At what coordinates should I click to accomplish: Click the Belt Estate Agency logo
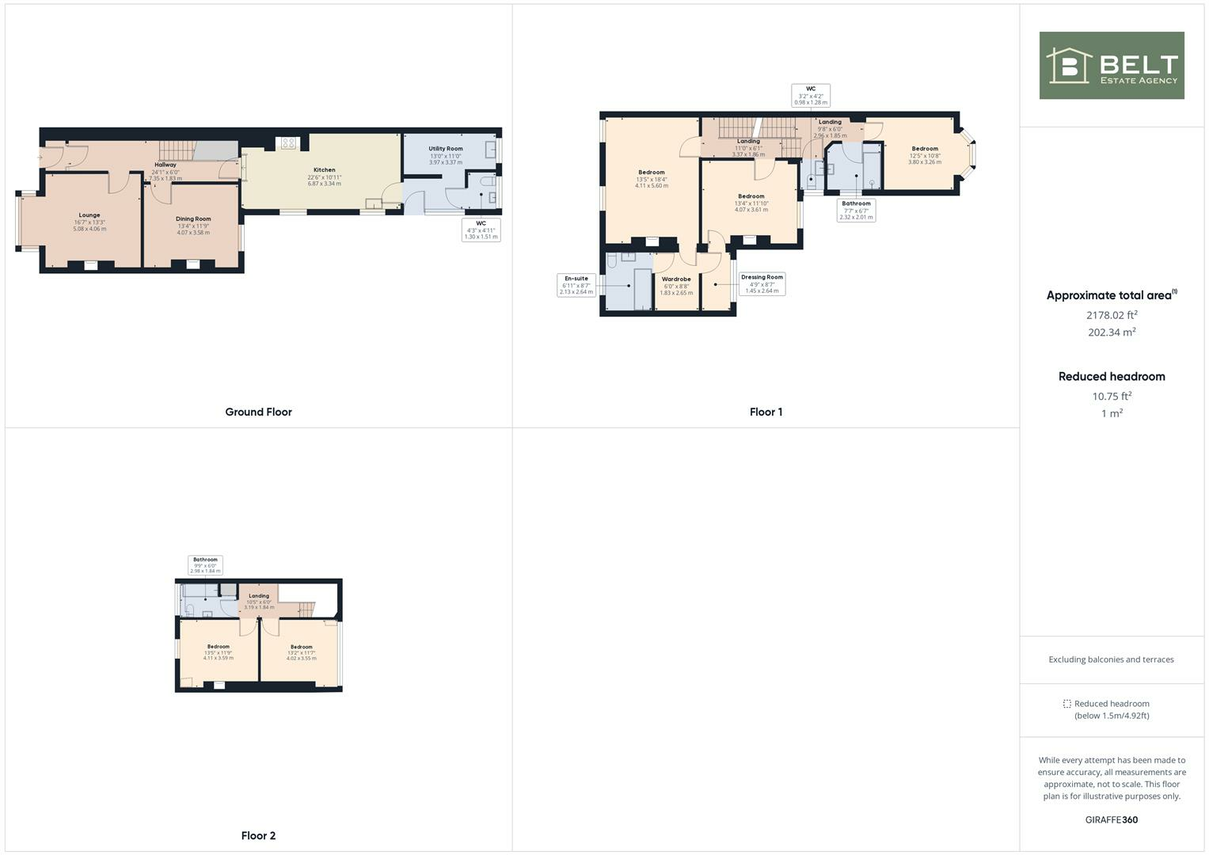point(1111,66)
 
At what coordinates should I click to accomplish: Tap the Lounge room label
point(89,215)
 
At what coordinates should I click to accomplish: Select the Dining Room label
point(193,219)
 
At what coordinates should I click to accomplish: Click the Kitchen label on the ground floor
point(324,170)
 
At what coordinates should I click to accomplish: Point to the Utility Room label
point(446,149)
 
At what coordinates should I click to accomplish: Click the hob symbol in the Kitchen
point(288,143)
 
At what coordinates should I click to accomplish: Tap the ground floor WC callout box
point(481,230)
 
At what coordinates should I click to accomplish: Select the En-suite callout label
point(576,285)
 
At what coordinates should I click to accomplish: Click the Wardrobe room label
point(676,279)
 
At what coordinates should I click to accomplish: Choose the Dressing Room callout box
point(762,283)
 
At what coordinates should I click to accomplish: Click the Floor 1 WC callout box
point(811,96)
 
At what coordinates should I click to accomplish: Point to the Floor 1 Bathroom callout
point(856,210)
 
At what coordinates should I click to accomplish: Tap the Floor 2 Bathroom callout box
point(205,564)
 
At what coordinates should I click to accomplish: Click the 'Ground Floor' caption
point(258,412)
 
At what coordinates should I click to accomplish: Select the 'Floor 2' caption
point(258,835)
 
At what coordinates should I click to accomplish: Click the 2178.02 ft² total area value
point(1112,314)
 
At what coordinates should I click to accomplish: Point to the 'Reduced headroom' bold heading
point(1112,376)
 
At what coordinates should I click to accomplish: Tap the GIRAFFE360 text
point(1111,819)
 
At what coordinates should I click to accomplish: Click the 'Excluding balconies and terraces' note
point(1111,659)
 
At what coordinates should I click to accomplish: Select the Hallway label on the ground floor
point(165,165)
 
